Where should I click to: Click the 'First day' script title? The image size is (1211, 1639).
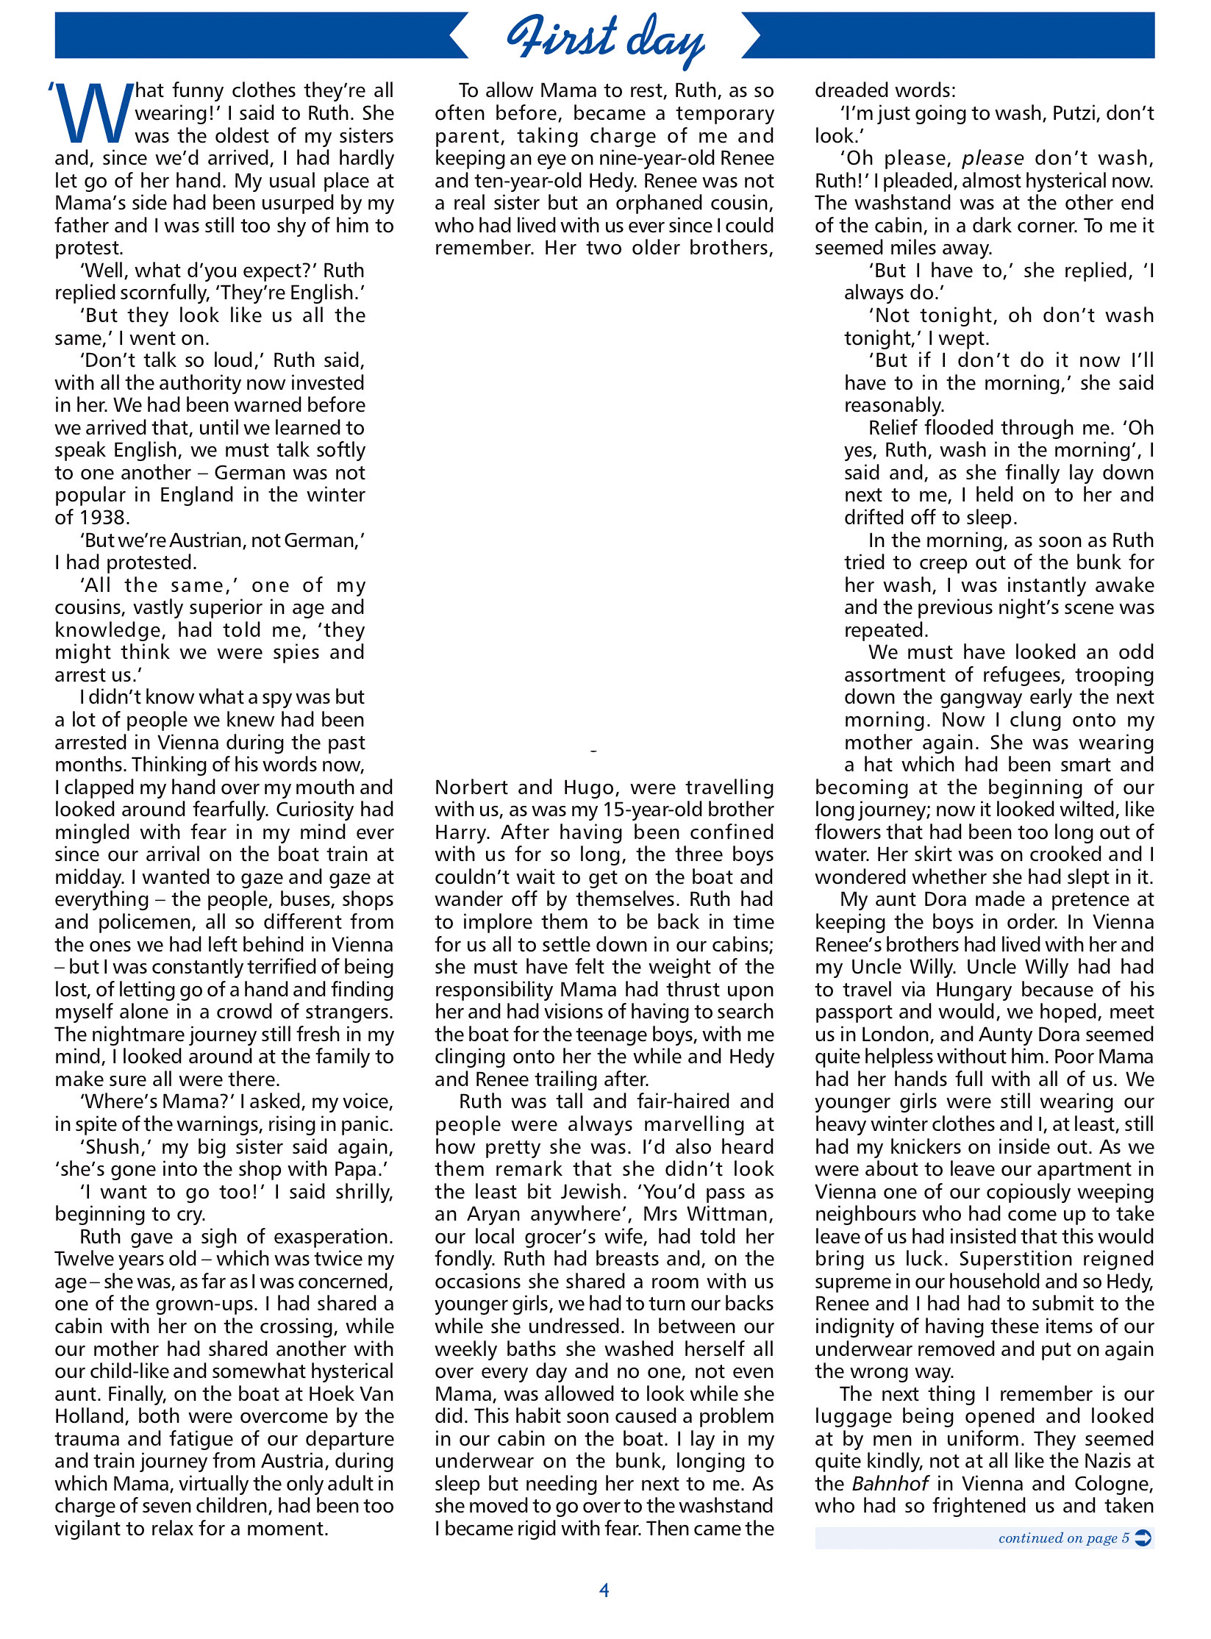[x=605, y=38]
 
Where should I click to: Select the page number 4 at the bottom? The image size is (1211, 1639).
[x=604, y=1590]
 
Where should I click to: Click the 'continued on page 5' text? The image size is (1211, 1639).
[x=1062, y=1538]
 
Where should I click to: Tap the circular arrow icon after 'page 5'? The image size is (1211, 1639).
[x=1143, y=1538]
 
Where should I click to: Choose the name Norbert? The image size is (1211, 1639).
[x=471, y=788]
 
